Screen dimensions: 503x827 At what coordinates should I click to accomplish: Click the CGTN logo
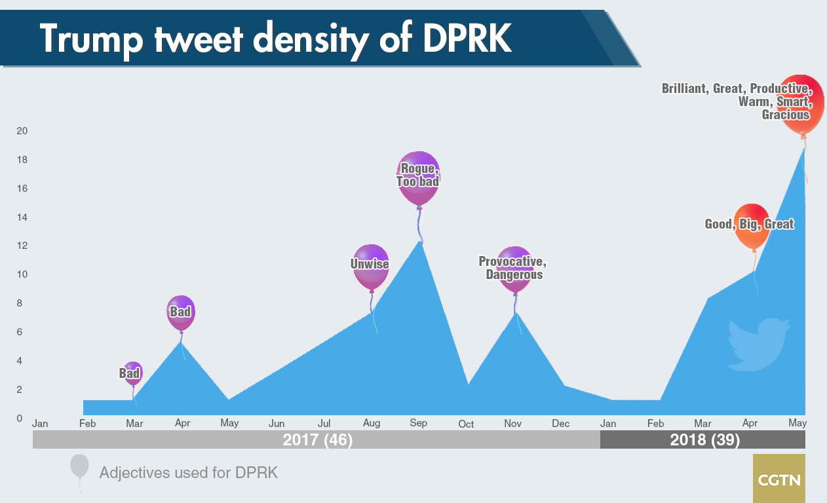tap(779, 479)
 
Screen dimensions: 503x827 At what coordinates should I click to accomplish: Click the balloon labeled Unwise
tap(371, 267)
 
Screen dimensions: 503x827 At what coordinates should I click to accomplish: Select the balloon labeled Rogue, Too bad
tap(418, 177)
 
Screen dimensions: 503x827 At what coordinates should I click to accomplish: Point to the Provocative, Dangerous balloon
tap(514, 269)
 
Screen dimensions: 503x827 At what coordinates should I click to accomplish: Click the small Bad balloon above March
tap(133, 373)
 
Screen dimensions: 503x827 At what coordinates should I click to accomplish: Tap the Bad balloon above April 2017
tap(181, 313)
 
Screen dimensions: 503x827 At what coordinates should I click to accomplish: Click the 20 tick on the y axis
tap(22, 131)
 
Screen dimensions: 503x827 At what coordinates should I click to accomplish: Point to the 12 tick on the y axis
tap(22, 246)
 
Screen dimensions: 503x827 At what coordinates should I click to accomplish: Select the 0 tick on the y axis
tap(20, 418)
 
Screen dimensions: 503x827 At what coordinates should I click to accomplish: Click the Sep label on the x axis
tap(419, 423)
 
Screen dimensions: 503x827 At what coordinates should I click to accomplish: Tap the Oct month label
tap(466, 424)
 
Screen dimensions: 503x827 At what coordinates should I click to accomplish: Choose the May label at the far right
tap(798, 423)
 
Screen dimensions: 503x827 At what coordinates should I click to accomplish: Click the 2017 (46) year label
tap(318, 440)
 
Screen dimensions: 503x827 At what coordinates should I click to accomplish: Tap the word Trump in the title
tap(91, 39)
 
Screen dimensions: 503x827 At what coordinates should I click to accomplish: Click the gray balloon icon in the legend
tap(79, 466)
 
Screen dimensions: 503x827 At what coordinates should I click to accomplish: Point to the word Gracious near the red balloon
tap(786, 115)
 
